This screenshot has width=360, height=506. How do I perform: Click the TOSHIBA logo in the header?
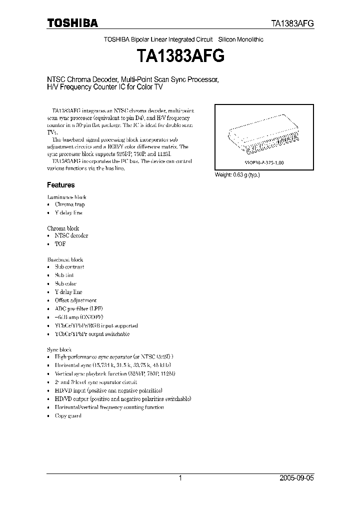(72, 23)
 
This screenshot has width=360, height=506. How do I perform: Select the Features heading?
(61, 184)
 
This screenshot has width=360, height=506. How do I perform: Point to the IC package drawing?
(263, 138)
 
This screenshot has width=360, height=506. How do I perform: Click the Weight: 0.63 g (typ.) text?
(237, 174)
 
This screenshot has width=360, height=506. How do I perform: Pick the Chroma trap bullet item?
(69, 204)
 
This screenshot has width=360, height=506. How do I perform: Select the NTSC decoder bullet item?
(71, 235)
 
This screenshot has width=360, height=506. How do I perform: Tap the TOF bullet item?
(60, 243)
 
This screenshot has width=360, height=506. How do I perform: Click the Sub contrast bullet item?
(69, 267)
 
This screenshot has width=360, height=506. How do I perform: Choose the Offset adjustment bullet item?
(75, 300)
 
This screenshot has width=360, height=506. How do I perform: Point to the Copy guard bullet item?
(68, 416)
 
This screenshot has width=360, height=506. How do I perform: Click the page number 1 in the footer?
(180, 478)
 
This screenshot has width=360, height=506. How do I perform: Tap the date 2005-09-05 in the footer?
(297, 478)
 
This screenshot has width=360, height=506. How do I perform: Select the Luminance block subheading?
(66, 197)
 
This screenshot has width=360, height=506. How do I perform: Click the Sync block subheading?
(59, 349)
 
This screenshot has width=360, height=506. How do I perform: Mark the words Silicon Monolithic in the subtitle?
(241, 39)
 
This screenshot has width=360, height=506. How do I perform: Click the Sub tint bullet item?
(64, 275)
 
